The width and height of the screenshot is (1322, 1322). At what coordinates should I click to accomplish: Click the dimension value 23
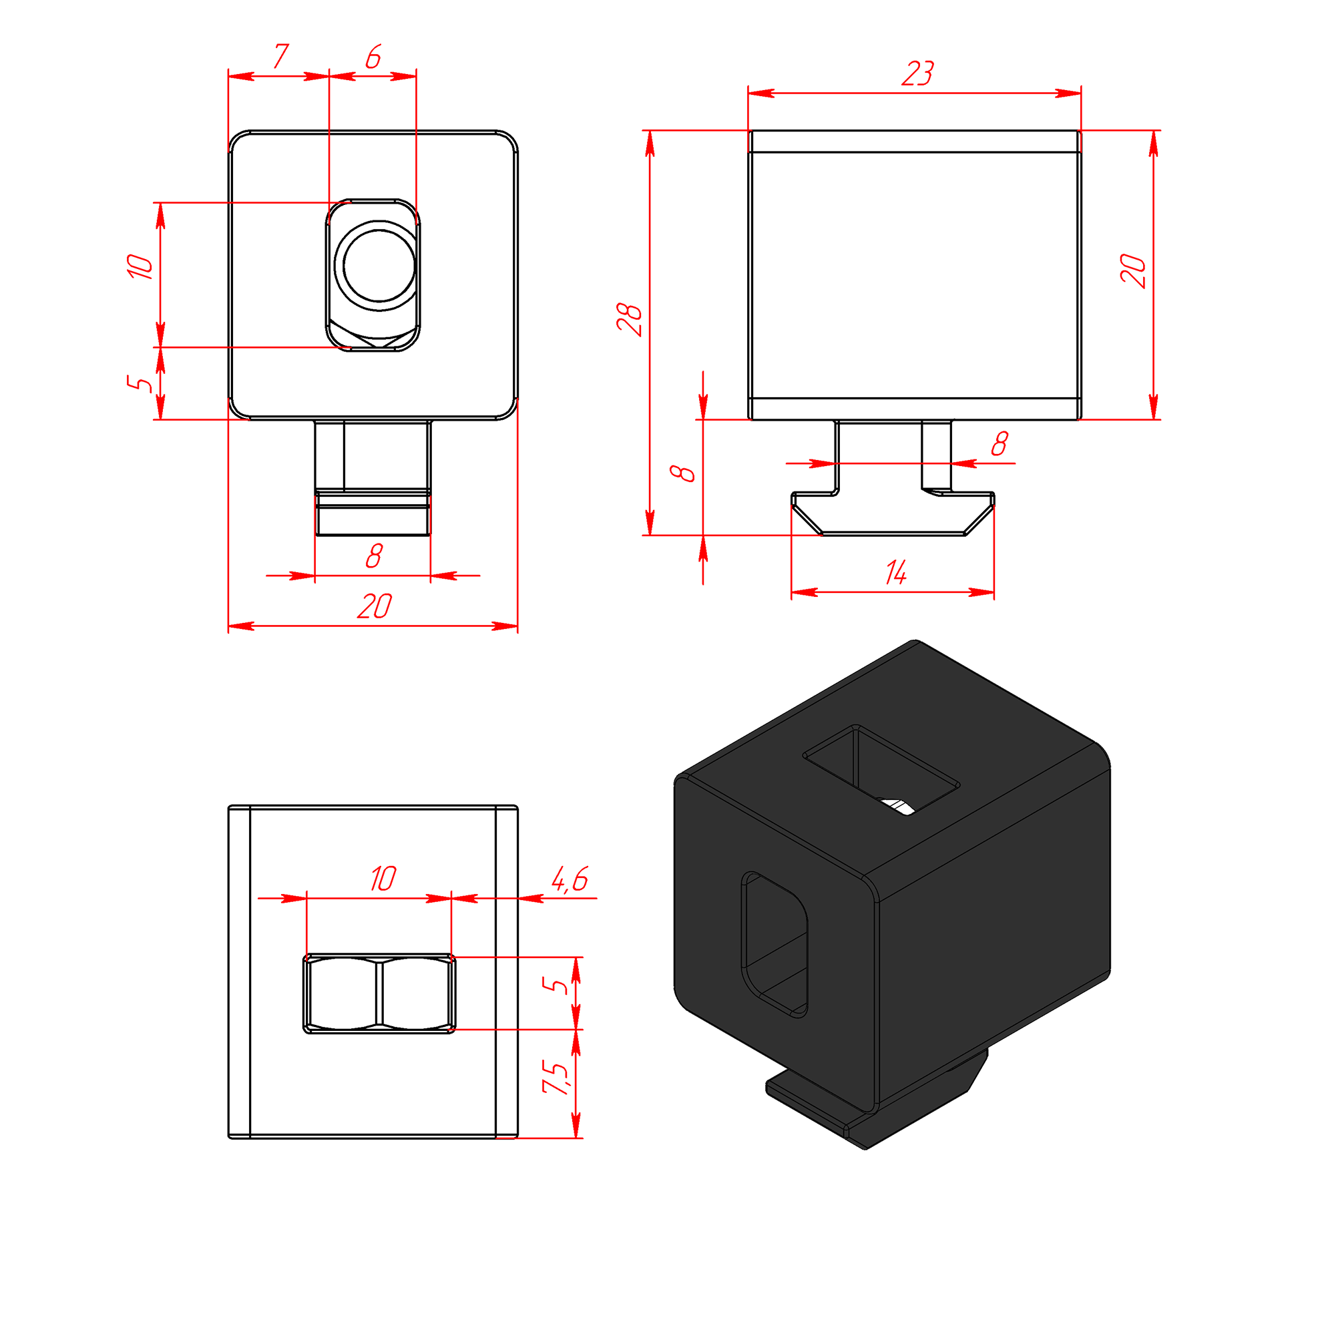coord(917,73)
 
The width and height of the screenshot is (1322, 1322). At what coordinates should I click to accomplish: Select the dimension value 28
coord(630,319)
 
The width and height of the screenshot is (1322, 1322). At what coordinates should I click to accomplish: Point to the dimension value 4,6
coord(570,879)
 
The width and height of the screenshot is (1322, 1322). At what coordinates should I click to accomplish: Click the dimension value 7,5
coord(556,1077)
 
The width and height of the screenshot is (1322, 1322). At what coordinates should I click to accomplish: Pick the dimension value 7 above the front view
coord(280,56)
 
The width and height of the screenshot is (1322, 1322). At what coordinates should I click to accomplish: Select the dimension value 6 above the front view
coord(373,57)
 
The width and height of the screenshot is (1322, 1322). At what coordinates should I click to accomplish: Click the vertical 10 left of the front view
coord(140,266)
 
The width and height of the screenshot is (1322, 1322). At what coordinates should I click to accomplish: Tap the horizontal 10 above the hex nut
coord(383,879)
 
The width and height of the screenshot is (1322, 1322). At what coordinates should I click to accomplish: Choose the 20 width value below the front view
coord(375,606)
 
